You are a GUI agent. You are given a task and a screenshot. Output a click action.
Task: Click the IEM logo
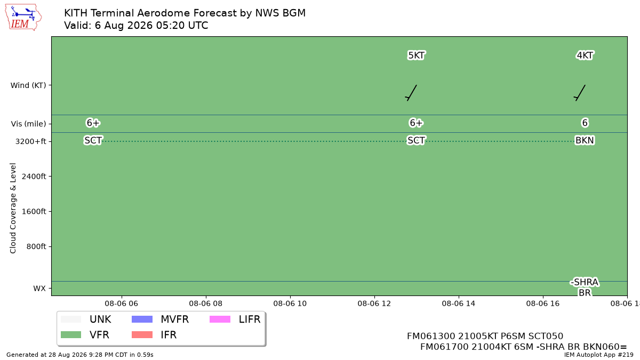tap(23, 18)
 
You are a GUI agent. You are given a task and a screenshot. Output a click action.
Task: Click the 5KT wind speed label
tap(416, 55)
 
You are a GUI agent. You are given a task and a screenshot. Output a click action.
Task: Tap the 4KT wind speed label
tap(585, 55)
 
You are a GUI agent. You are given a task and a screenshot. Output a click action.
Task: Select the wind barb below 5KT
tap(411, 93)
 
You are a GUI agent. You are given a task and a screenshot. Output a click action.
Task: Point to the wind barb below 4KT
tap(580, 93)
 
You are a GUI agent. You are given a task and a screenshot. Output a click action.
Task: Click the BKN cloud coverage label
tap(585, 140)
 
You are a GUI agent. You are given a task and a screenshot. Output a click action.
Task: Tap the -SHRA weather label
tap(585, 282)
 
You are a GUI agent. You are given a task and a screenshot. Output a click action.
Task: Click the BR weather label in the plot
tap(585, 293)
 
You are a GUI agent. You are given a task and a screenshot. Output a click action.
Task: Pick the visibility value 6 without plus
tap(585, 123)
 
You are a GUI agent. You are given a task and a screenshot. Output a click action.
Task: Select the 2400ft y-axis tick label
tap(34, 177)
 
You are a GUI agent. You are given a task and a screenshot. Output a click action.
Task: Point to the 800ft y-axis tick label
tap(36, 246)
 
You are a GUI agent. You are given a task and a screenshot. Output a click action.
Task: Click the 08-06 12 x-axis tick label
tap(374, 303)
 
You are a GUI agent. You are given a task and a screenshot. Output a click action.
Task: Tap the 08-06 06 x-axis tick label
tap(122, 303)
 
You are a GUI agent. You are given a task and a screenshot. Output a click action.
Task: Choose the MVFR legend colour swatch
tap(142, 319)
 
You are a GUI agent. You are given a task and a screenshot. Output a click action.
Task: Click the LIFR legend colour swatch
tap(220, 319)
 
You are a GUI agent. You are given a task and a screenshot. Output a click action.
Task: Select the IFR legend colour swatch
tap(142, 334)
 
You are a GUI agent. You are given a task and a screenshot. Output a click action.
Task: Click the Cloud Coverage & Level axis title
tap(13, 208)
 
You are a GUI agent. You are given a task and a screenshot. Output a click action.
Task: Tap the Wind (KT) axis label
tap(28, 85)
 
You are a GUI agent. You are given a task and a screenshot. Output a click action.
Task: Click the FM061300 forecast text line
tap(485, 336)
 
